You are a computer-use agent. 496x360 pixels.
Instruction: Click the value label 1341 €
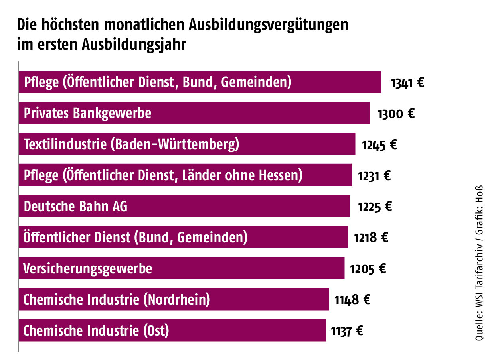[x=407, y=83]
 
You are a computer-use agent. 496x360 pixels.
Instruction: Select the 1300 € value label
[x=396, y=114]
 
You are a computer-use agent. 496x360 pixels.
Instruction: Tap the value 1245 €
[x=379, y=145]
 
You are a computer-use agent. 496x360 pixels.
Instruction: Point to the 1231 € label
[x=374, y=176]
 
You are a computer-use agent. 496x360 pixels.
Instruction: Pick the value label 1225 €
[x=375, y=207]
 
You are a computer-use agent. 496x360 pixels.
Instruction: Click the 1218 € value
[x=371, y=238]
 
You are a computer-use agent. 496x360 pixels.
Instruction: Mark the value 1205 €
[x=368, y=269]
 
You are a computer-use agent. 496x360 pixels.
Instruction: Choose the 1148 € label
[x=352, y=300]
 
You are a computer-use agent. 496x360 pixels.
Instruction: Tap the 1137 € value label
[x=347, y=331]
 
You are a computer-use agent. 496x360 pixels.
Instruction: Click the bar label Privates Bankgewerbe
[x=88, y=113]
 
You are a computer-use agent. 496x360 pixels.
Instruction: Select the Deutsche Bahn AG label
[x=76, y=207]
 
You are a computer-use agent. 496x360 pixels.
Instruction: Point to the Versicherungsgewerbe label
[x=88, y=269]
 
